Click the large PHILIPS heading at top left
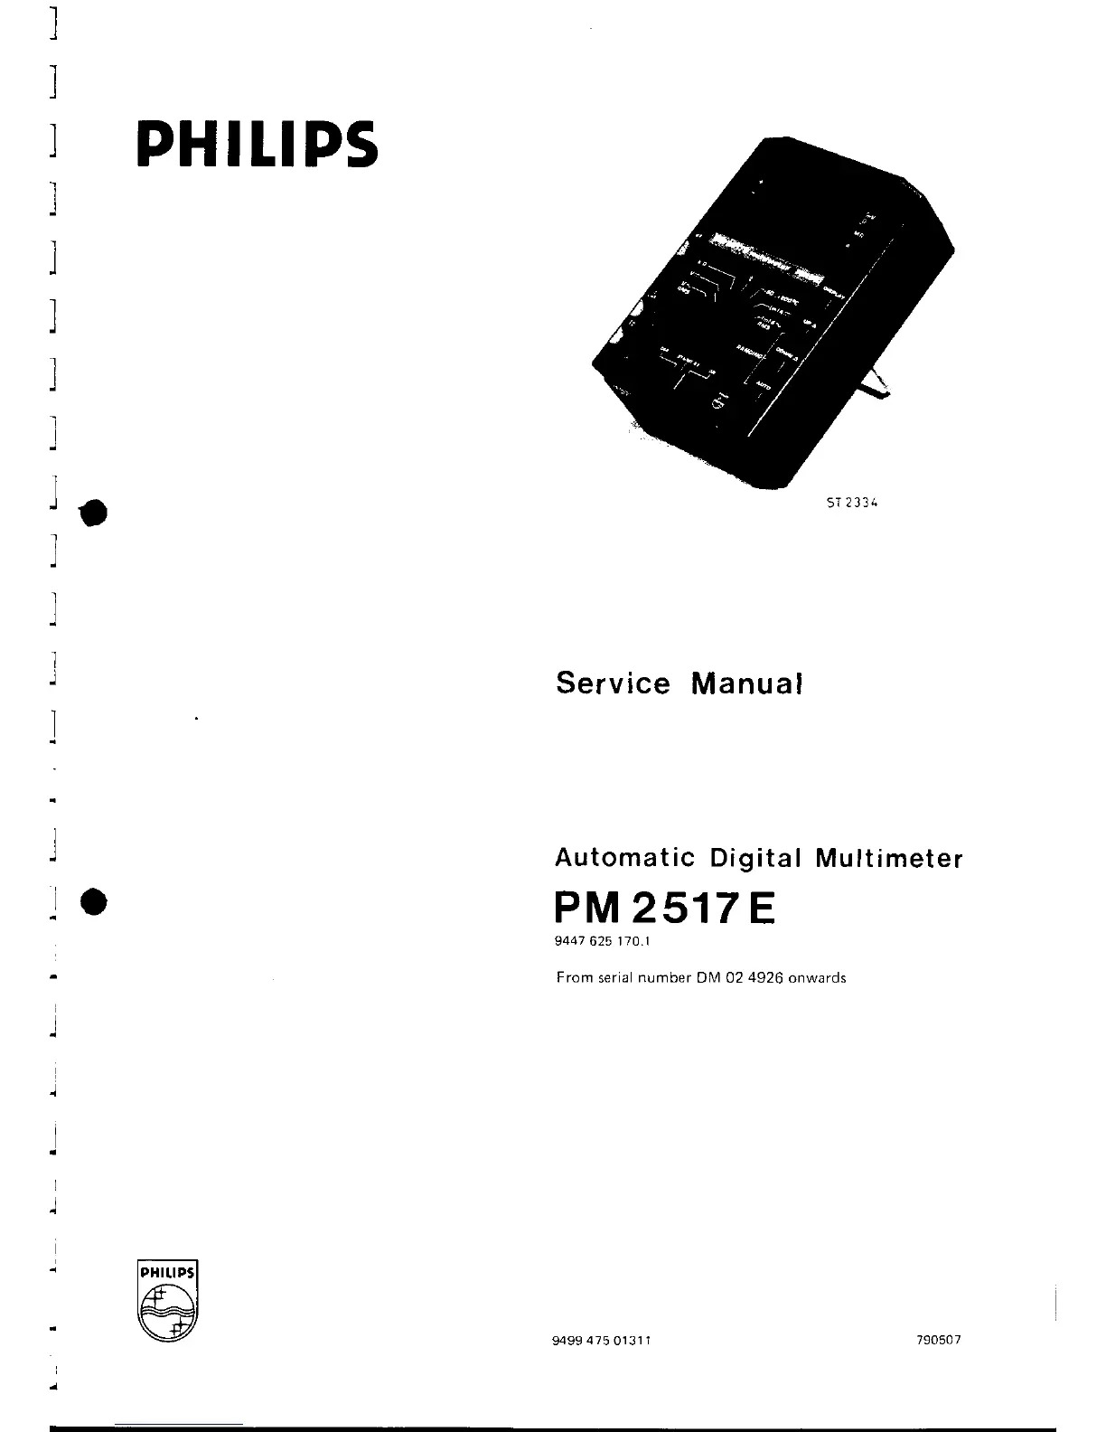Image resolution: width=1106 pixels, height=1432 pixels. (256, 144)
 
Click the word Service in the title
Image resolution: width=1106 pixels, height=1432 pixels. (613, 683)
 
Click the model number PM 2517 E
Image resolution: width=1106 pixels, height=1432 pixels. (665, 907)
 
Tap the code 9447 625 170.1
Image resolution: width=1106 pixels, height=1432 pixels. (603, 942)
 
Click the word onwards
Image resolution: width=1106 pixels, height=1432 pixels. (818, 977)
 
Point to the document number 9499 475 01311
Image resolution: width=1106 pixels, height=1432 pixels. (604, 1340)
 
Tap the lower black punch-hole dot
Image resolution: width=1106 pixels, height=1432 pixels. (93, 902)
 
